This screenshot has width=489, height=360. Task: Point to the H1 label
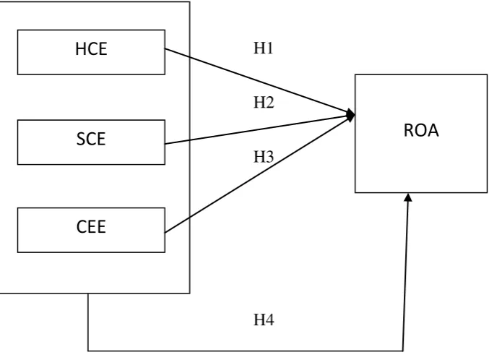[x=264, y=48]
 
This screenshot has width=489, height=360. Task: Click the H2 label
[x=264, y=103]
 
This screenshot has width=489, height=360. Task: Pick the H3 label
[x=264, y=157]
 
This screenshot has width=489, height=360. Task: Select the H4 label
[x=264, y=320]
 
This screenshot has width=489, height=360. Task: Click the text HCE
[x=91, y=49]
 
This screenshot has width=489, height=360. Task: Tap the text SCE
[x=91, y=139]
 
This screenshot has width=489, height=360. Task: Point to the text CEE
[x=91, y=227]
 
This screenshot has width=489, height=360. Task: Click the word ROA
[x=421, y=130]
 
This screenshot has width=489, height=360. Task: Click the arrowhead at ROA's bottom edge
[x=408, y=197]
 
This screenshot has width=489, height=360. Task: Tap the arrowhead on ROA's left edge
[x=351, y=116]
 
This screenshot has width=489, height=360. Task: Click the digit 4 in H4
[x=269, y=320]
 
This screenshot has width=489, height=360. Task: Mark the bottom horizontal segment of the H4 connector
[x=246, y=351]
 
